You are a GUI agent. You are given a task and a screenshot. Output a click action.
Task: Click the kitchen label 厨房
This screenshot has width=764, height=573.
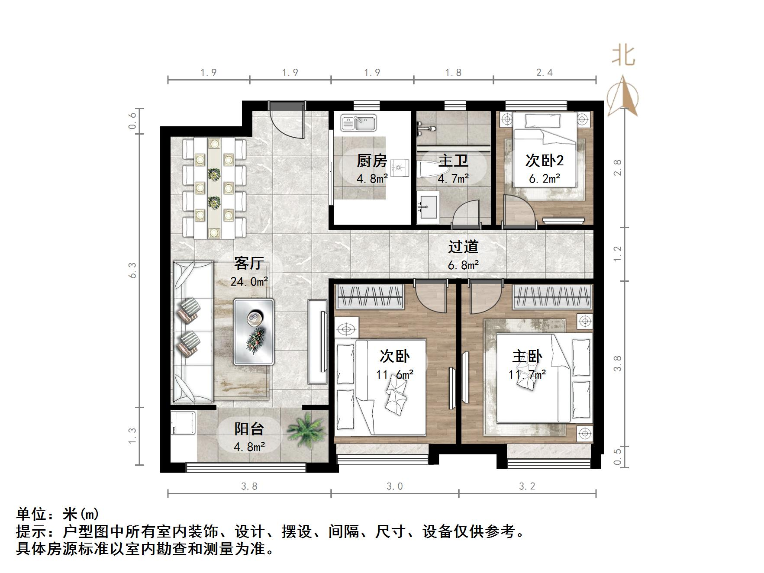click(x=371, y=161)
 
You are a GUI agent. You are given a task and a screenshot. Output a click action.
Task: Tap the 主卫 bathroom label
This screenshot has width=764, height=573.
click(x=453, y=161)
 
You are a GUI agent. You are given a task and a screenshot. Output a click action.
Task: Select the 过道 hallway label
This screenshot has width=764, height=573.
click(x=463, y=247)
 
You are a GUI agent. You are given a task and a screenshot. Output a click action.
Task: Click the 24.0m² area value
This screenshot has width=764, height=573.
click(x=249, y=282)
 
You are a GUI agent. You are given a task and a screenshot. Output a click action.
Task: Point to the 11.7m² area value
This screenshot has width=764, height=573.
click(x=527, y=374)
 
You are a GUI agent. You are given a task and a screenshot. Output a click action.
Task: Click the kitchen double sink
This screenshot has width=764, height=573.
click(x=358, y=122)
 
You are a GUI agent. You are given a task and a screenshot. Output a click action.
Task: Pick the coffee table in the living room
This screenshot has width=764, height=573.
click(x=254, y=331)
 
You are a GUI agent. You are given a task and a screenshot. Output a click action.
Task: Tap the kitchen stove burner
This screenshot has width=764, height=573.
click(x=400, y=167)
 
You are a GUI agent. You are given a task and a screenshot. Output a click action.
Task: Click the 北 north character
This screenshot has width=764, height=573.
click(x=623, y=56)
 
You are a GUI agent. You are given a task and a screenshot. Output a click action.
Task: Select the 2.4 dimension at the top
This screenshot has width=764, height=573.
click(x=545, y=73)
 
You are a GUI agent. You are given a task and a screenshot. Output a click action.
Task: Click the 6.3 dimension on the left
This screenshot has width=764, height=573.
click(x=132, y=270)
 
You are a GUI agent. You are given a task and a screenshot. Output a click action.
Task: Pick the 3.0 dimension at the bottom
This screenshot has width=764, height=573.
click(x=394, y=486)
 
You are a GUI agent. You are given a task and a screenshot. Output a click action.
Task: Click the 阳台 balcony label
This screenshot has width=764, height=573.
click(x=249, y=429)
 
